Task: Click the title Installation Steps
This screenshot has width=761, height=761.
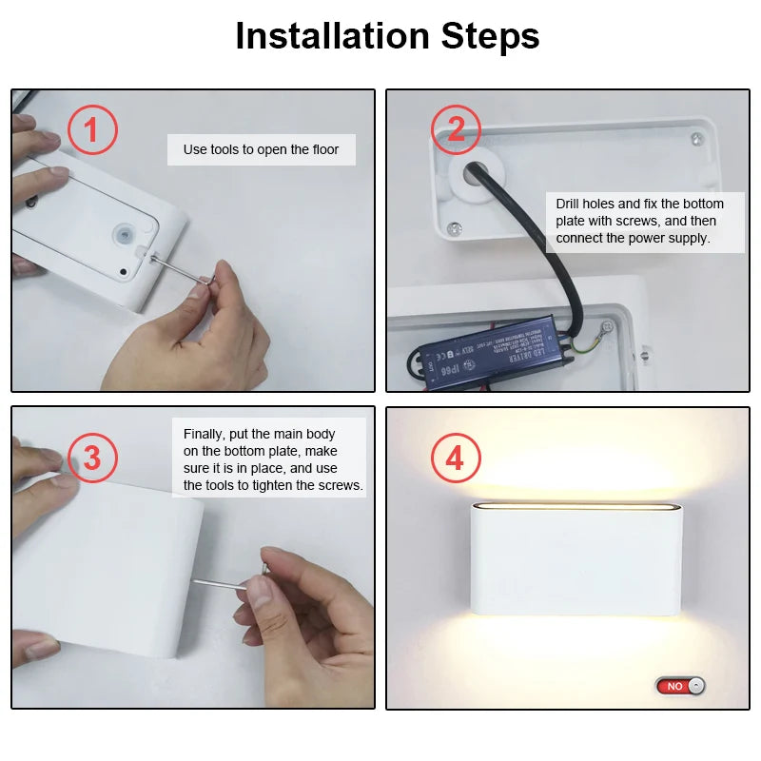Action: (387, 36)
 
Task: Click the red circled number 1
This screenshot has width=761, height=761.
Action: (92, 130)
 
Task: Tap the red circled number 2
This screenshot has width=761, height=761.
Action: (456, 128)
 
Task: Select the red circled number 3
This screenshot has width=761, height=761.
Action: (91, 458)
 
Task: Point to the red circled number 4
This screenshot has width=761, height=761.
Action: (455, 459)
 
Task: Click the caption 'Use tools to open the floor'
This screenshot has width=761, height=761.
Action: (261, 149)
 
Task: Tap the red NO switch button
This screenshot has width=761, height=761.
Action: (679, 685)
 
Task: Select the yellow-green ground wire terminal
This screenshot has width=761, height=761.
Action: (603, 330)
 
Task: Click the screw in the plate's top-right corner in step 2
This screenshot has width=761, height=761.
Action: (697, 140)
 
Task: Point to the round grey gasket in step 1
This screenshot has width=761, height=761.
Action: (122, 234)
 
